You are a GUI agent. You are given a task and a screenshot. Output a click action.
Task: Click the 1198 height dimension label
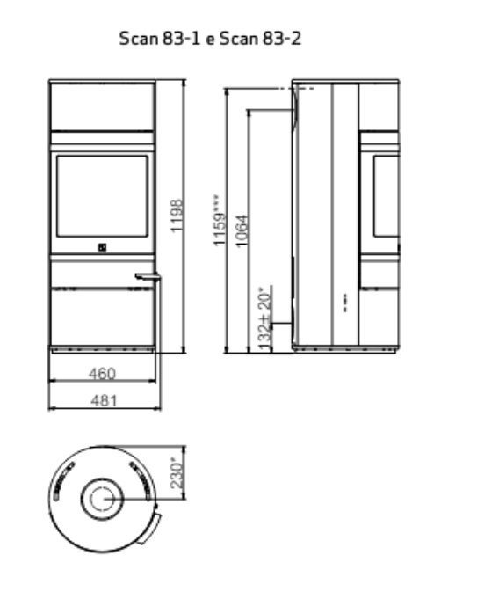click(177, 216)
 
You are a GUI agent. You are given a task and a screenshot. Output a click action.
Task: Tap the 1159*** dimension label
click(220, 221)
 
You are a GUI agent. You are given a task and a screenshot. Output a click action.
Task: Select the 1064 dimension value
click(242, 230)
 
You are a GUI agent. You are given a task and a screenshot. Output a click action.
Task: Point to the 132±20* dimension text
click(265, 319)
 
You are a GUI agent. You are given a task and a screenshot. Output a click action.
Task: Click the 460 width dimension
click(102, 373)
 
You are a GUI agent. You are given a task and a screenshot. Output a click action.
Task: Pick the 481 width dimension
click(104, 400)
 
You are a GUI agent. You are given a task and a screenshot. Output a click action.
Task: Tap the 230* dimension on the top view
click(177, 473)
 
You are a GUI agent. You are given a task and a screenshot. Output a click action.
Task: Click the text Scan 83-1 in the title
click(160, 39)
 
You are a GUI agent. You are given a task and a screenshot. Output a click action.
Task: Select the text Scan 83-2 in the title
click(260, 39)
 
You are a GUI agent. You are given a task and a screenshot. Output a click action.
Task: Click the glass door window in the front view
click(102, 196)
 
